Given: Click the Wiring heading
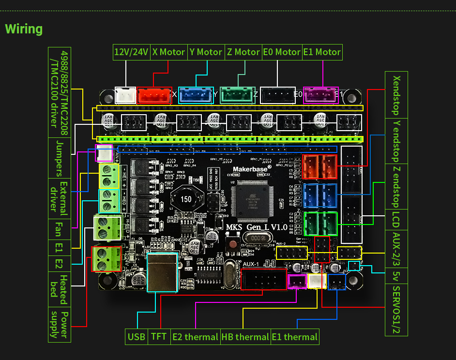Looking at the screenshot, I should point(24,29).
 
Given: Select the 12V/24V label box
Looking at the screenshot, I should point(131,52).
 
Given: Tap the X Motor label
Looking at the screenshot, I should point(168,52).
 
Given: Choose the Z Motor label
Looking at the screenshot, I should point(243,52).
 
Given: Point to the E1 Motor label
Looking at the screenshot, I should point(322,52).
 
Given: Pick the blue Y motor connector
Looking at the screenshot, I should point(196,95).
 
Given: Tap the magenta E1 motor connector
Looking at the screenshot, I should point(320,95).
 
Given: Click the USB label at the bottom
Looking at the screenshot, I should point(136,337).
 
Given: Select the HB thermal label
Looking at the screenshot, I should point(245,337).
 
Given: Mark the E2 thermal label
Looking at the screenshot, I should point(195,337).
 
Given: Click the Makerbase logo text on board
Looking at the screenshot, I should point(249,169).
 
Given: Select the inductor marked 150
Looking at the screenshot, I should point(185,199).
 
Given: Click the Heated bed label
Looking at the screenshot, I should point(60,289).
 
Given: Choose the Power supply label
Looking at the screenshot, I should point(60,324).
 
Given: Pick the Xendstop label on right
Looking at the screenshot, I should point(396,95).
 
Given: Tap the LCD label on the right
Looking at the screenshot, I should point(396,219).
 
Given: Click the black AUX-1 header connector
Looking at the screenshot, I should point(264,279).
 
